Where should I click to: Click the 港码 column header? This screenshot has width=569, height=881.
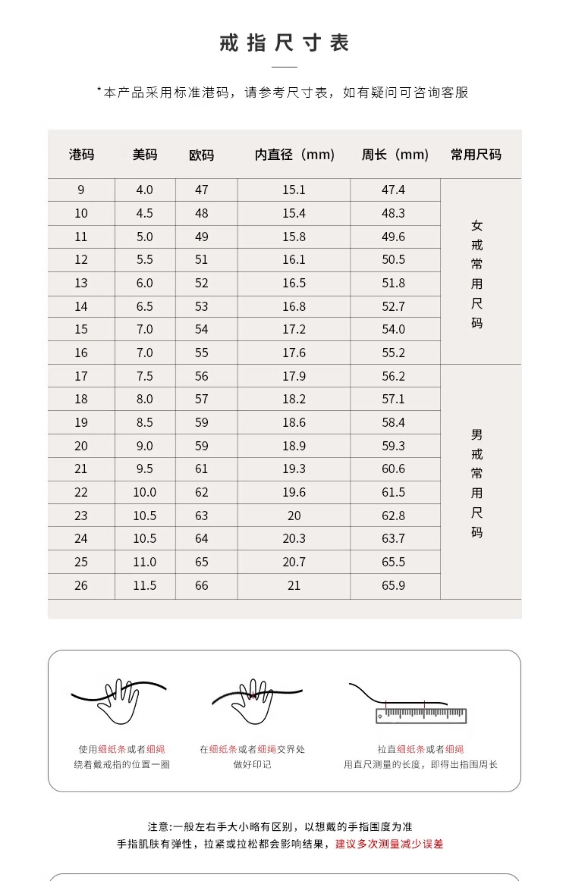tap(81, 154)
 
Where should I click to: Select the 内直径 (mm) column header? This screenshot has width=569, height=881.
tap(294, 154)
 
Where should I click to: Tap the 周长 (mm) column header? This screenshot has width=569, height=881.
tap(395, 154)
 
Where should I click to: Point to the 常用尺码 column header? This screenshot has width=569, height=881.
tap(476, 154)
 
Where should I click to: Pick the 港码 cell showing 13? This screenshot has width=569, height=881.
tap(81, 283)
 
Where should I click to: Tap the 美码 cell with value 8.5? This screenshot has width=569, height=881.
tap(145, 422)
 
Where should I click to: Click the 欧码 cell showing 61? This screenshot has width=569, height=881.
tap(201, 469)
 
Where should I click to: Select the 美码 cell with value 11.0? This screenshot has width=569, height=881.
tap(145, 562)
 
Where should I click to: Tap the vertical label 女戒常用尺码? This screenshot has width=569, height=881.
tap(477, 274)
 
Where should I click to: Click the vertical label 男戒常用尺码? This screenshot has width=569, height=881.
tap(477, 483)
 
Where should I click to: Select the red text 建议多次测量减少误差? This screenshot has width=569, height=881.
tap(389, 844)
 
